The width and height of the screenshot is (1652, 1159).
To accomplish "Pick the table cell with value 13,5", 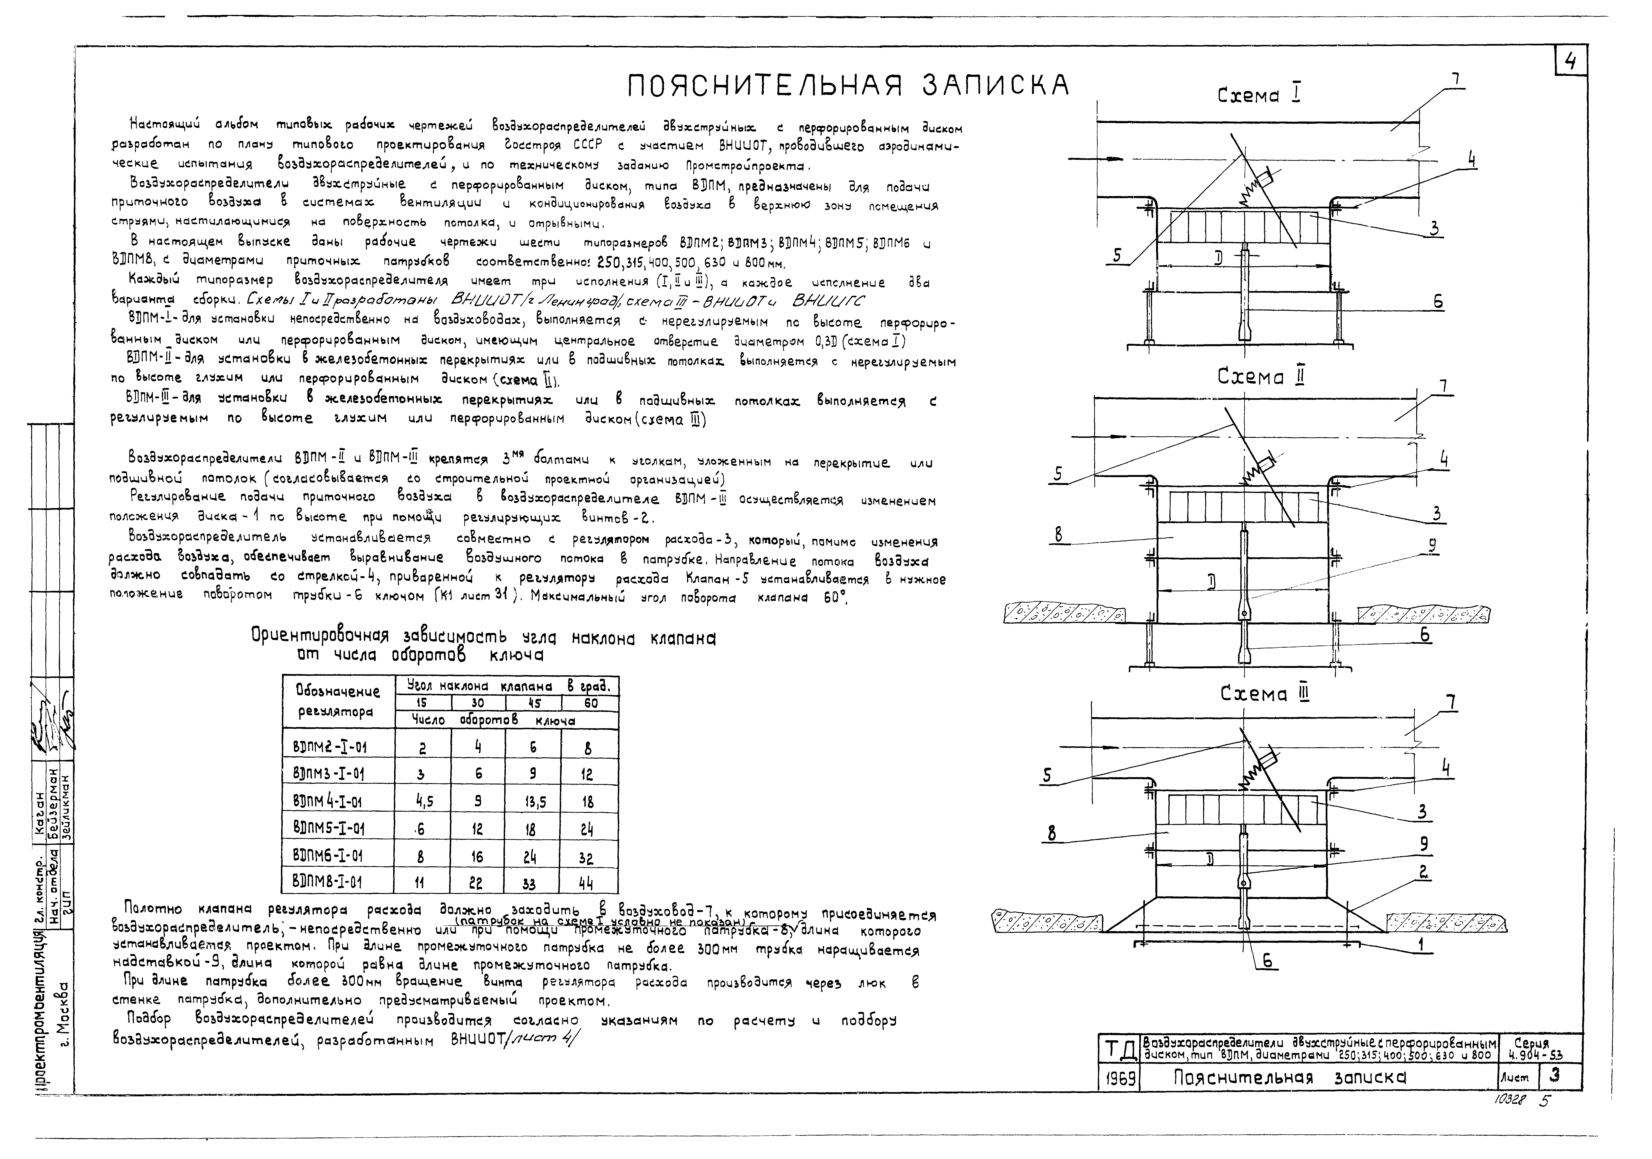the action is coord(533,802).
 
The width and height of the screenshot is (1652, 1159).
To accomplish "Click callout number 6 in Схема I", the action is coord(1437,302).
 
